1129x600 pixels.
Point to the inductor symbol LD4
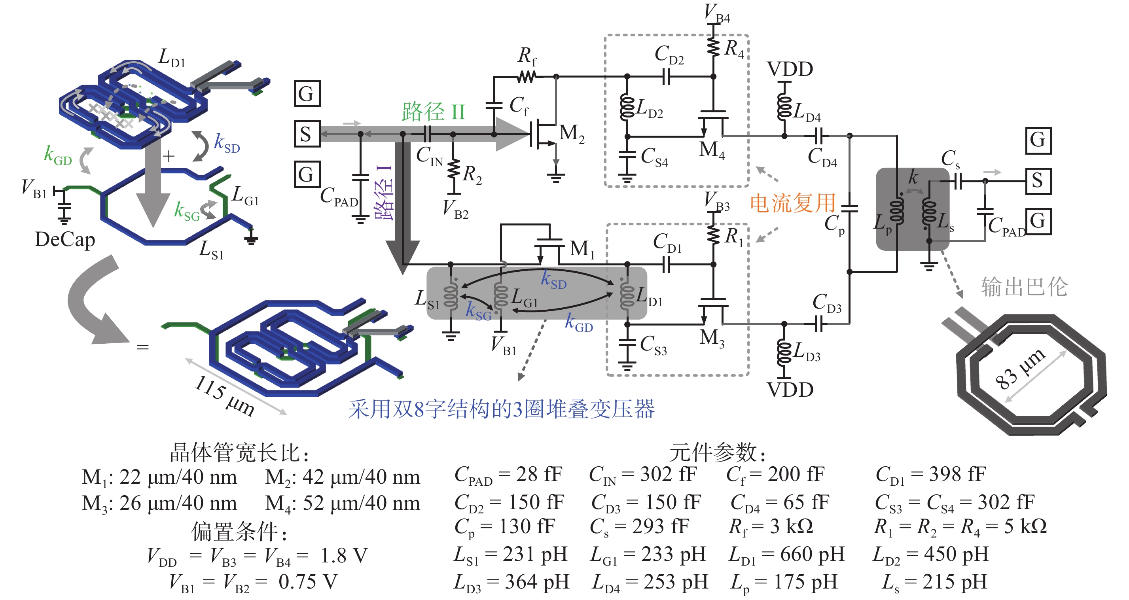pos(784,107)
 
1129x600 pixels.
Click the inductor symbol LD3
pos(784,353)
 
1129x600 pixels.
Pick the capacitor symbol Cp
pos(849,208)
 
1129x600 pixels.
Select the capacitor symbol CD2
pos(666,77)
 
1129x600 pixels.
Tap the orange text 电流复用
pos(793,203)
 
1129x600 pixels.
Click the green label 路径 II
pos(434,112)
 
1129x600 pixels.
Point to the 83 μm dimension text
pos(1019,369)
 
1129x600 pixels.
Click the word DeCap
pos(65,240)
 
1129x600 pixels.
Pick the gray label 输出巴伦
pos(1024,287)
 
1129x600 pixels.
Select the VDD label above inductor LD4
pos(790,69)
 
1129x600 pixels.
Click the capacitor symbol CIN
pos(428,134)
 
